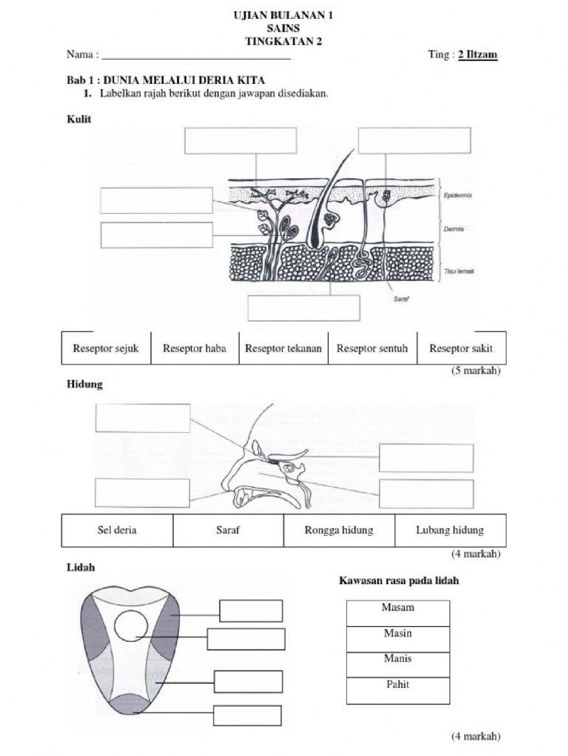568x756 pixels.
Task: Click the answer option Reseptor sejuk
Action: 106,348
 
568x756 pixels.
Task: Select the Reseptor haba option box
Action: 194,348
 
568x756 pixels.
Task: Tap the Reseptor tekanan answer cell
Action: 283,348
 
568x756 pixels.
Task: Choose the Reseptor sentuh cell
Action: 372,348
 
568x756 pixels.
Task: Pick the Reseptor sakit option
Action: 461,348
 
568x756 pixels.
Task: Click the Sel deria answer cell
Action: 117,530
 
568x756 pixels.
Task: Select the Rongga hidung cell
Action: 339,530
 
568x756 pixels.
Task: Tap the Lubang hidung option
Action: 450,530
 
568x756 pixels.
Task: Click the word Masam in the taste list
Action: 398,607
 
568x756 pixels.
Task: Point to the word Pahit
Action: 398,684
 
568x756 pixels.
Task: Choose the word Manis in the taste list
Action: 398,659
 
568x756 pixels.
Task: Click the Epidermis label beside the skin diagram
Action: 457,195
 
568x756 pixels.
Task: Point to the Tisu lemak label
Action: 458,271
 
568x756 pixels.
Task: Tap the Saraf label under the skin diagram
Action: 401,299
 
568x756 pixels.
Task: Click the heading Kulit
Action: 78,119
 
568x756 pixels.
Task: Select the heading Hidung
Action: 84,384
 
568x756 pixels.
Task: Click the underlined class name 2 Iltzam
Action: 478,54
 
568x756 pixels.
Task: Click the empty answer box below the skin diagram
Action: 304,308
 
